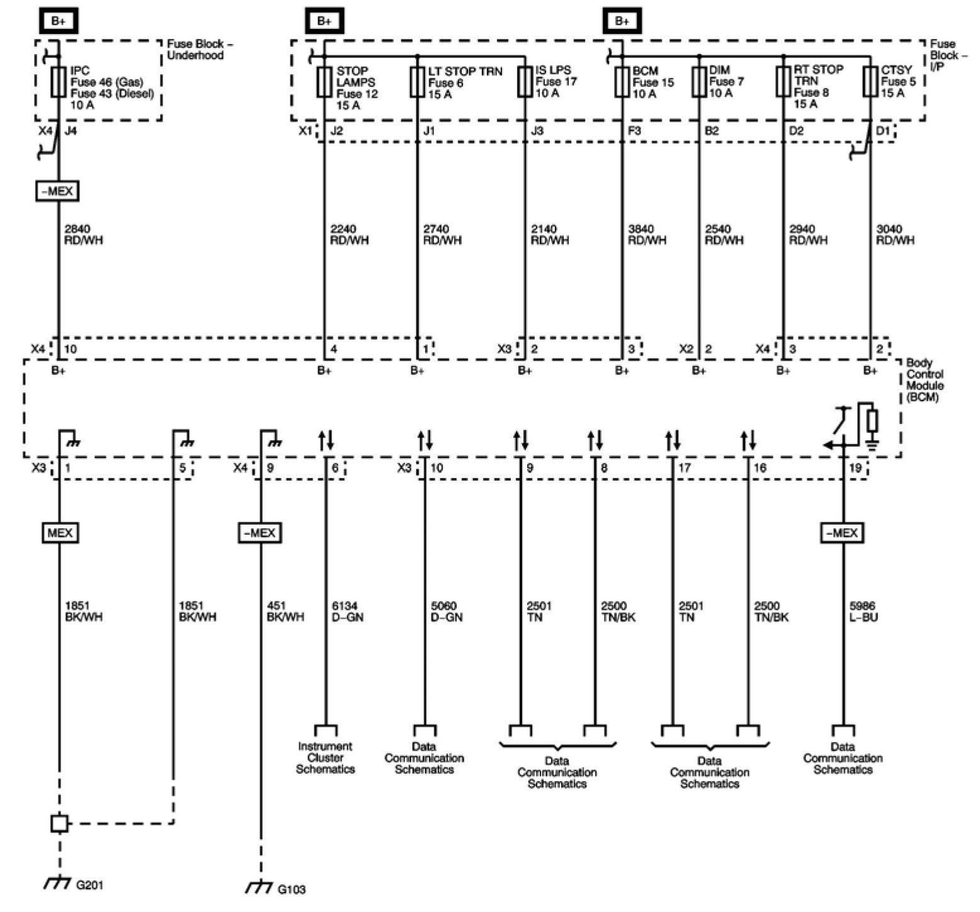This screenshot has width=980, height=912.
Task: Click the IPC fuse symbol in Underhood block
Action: pos(59,82)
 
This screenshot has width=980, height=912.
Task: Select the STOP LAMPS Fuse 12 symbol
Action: pos(324,82)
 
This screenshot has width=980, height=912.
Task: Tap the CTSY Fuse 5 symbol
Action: pos(870,82)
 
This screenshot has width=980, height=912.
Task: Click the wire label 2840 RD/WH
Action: pos(84,234)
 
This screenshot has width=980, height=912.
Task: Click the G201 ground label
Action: pos(89,885)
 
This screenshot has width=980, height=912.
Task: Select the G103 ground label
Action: pos(292,889)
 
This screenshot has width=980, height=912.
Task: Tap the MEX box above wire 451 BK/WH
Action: pos(259,533)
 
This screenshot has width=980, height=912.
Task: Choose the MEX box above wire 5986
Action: pos(842,533)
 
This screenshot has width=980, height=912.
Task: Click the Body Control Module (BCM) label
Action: pos(925,380)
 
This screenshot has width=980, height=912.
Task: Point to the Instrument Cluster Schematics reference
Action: pos(325,758)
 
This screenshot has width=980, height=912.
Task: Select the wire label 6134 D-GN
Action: pos(347,612)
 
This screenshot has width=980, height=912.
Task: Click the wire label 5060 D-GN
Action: pos(446,612)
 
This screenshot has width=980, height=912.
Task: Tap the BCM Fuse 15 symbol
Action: pos(622,82)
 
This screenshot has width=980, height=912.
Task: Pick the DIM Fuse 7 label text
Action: pos(726,82)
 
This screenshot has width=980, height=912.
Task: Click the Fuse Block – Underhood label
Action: pos(195,50)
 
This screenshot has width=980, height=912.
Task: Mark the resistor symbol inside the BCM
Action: pos(872,421)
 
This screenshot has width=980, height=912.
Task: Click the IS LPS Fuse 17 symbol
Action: pos(525,82)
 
